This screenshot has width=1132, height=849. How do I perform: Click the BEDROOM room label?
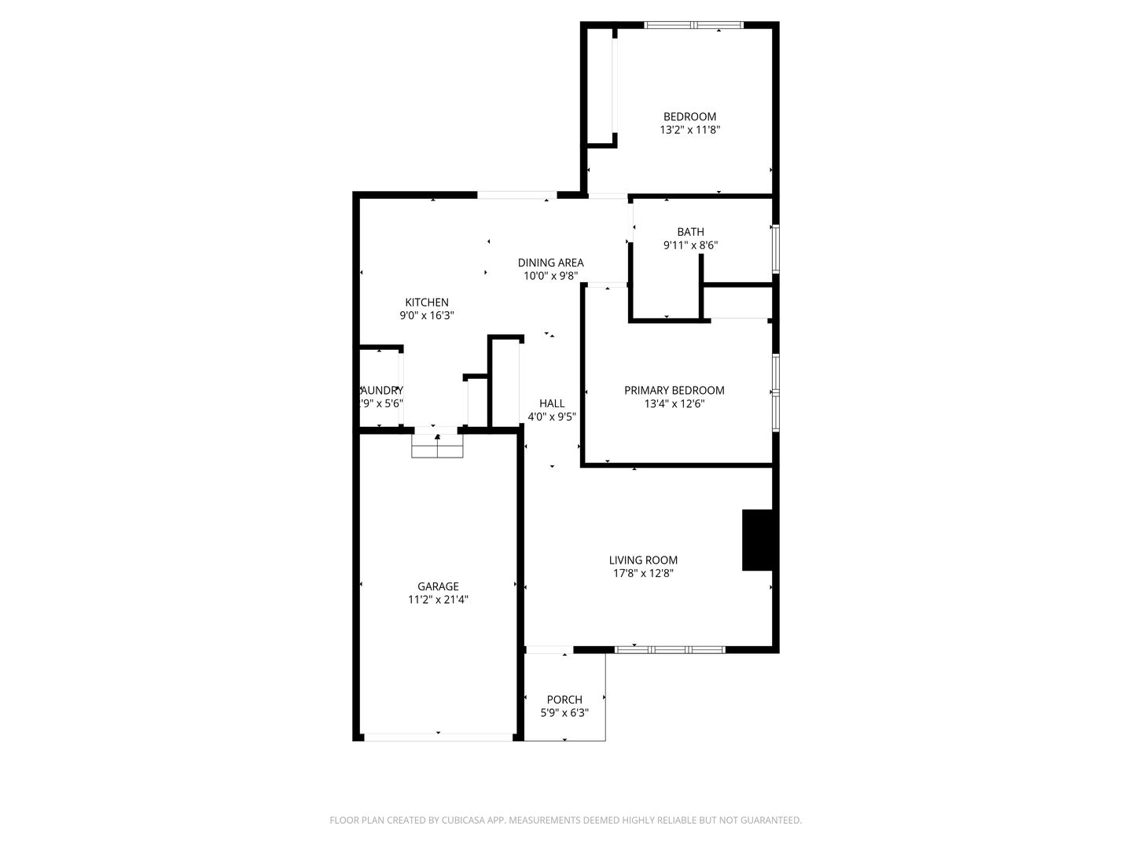(689, 117)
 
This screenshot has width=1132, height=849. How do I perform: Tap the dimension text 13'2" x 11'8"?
(689, 130)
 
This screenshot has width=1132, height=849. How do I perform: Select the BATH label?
(690, 232)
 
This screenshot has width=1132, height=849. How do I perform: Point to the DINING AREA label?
(550, 263)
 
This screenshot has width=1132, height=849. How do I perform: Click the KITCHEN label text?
(427, 302)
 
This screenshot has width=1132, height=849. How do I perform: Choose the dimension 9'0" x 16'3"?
(427, 315)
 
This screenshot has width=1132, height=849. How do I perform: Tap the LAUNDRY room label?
(381, 390)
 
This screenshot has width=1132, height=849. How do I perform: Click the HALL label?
(552, 403)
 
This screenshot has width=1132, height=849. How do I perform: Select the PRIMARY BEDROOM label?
(674, 390)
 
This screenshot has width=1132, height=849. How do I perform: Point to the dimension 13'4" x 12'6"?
(674, 404)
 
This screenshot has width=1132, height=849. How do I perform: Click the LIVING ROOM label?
(643, 560)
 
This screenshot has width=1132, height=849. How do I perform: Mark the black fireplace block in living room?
(758, 540)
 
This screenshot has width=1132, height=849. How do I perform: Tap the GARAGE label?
(438, 586)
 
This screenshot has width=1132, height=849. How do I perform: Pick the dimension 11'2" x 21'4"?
(438, 600)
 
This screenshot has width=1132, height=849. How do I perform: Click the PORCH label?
(564, 700)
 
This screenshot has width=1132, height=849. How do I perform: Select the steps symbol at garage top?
(438, 446)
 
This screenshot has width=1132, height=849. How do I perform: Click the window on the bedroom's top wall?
(693, 25)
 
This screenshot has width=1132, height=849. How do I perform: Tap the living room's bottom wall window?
(669, 650)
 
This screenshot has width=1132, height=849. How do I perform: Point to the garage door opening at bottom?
(438, 737)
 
